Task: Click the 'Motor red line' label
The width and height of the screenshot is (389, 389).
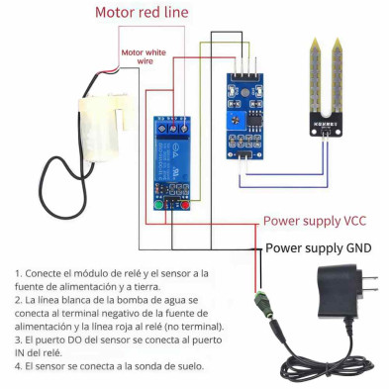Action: tap(142, 13)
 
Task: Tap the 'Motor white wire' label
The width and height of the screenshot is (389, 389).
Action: tap(144, 56)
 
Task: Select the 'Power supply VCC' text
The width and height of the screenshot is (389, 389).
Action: tap(315, 221)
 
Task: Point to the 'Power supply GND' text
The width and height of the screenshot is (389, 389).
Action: tap(319, 247)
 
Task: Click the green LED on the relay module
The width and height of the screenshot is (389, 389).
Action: tap(158, 205)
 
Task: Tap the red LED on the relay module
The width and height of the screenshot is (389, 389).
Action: tap(185, 205)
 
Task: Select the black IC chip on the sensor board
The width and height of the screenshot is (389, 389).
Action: tap(254, 120)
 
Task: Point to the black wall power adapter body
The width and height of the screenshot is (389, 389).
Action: tap(340, 291)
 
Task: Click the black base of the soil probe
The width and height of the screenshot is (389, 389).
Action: tap(327, 125)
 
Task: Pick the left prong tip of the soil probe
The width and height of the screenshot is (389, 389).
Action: tap(316, 39)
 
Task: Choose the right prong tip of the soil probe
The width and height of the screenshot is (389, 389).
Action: tap(337, 39)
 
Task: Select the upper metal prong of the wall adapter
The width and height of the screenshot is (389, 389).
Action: tap(370, 277)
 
